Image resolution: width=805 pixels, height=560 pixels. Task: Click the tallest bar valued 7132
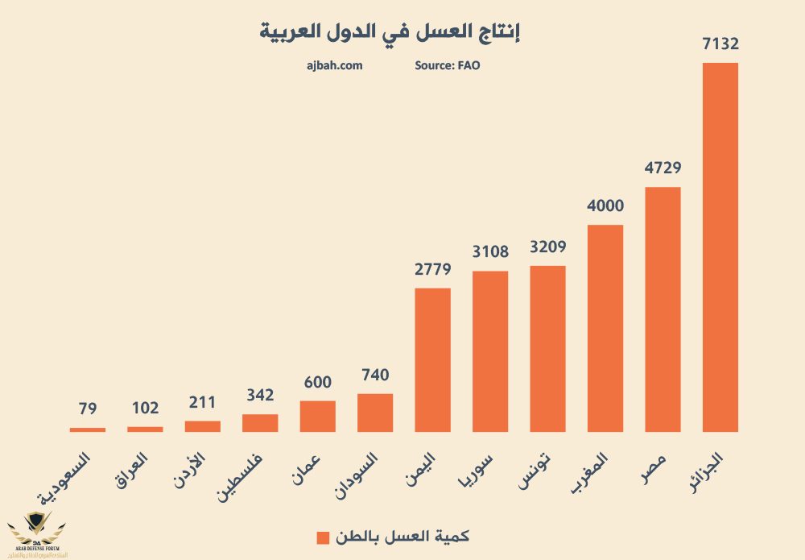coord(720,247)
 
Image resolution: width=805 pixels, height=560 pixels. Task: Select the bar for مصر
coord(663,309)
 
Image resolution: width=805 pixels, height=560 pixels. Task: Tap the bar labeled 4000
coord(605,328)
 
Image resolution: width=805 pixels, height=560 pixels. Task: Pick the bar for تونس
coord(547,348)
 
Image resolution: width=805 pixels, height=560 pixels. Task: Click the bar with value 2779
coord(432,359)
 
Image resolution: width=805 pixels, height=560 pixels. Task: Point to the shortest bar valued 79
coord(88,429)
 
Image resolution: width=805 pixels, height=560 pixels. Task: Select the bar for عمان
coord(317,416)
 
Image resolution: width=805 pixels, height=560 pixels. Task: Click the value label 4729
coord(663,168)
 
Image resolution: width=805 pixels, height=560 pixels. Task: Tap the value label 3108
coord(490,252)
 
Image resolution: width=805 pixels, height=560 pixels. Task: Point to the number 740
coord(375,375)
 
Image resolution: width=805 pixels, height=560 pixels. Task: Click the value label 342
coord(260,396)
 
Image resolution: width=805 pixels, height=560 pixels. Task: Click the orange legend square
coord(323,537)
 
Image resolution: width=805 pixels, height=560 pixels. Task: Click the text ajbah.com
coord(335,65)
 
